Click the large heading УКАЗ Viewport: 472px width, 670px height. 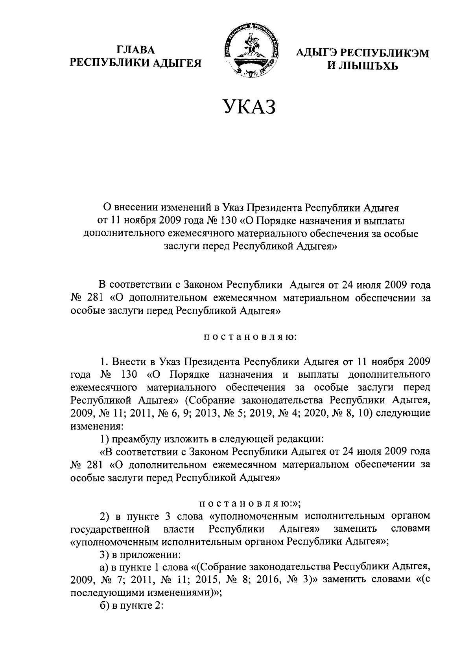pos(249,107)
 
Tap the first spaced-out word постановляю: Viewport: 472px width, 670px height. pos(249,337)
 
